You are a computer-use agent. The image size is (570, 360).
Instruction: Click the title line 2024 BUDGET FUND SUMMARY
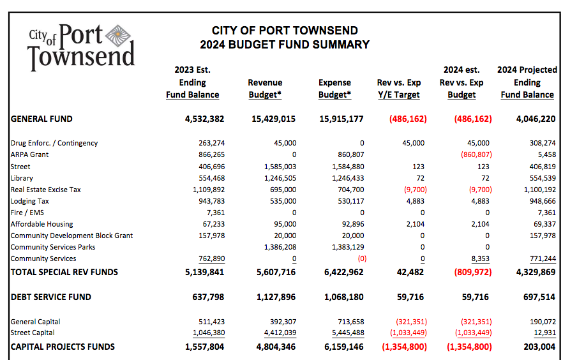[x=285, y=45]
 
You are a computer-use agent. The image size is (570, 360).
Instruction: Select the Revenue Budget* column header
[x=265, y=89]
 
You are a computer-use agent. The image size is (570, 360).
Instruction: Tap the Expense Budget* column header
[x=334, y=89]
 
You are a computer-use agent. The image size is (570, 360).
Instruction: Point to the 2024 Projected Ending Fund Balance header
[x=527, y=82]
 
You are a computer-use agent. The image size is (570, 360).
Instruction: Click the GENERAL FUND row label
[x=41, y=119]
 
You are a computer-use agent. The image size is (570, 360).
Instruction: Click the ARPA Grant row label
[x=29, y=154]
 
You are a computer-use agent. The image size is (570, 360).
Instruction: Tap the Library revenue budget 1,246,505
[x=280, y=178]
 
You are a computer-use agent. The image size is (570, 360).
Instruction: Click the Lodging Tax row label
[x=29, y=201]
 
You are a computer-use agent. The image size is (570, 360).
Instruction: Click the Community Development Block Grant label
[x=71, y=236]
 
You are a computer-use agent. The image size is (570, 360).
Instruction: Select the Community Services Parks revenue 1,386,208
[x=280, y=247]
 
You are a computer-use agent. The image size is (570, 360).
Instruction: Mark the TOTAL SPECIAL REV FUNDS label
[x=64, y=272]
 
